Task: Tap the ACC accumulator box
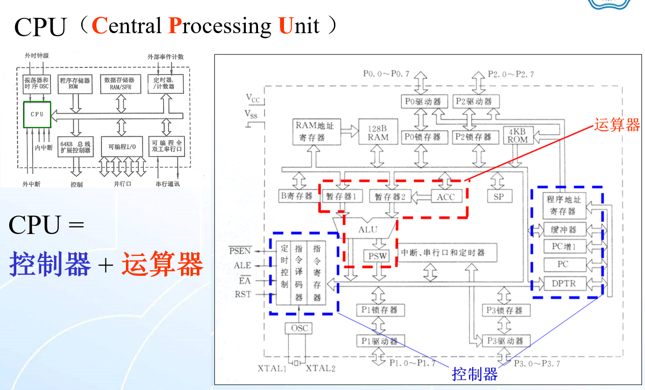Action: [446, 197]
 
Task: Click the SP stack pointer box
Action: [499, 196]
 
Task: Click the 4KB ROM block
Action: [518, 135]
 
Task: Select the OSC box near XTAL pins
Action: [299, 328]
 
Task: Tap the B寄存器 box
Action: [297, 196]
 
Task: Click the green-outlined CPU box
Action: [37, 114]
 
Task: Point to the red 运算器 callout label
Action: [616, 125]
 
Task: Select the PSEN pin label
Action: [240, 250]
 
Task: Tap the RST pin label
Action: [243, 294]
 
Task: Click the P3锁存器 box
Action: [505, 310]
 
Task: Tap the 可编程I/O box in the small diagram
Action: [121, 147]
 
